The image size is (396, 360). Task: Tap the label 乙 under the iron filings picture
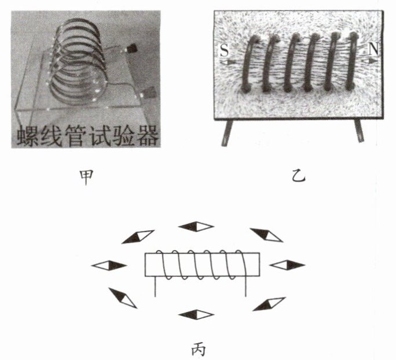coord(299,176)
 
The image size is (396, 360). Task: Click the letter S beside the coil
coord(224,52)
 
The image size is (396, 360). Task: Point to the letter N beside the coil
coord(373,50)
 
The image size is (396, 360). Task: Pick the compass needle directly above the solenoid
coord(195,226)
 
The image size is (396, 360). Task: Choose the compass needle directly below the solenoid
coord(196,315)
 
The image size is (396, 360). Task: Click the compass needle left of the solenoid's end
coord(109,265)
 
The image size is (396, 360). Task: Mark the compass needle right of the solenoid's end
coord(287,265)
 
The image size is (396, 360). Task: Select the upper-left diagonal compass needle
coord(138,236)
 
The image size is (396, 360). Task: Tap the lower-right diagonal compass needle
coord(269,303)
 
